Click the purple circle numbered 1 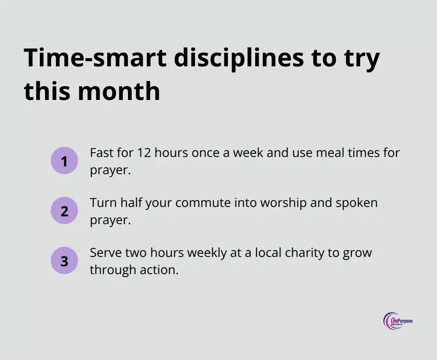(64, 161)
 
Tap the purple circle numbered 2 (64, 211)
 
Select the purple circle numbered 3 (64, 261)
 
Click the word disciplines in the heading (238, 59)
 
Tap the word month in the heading (119, 91)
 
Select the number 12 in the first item (143, 153)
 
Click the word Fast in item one (101, 153)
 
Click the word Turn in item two (103, 203)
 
